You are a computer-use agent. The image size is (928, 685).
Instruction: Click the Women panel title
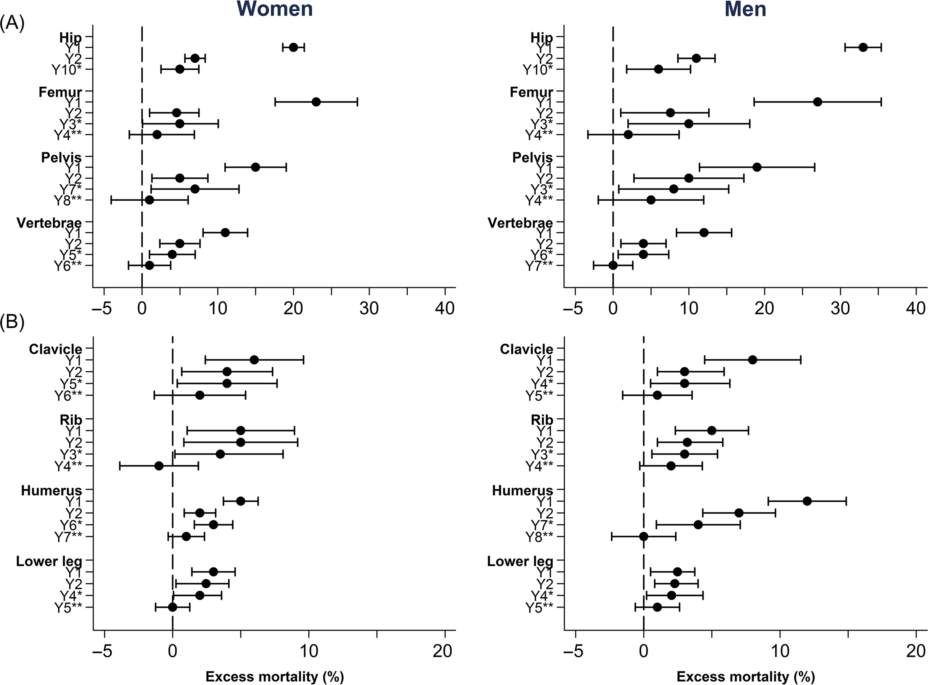point(275,9)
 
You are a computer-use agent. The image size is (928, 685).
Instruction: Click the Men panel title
point(745,9)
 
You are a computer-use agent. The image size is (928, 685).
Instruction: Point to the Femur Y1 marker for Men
point(817,102)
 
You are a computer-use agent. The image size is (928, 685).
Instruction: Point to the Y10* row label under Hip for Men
point(538,70)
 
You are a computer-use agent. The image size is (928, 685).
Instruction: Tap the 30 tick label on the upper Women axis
point(369,309)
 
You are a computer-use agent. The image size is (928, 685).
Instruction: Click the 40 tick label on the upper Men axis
point(916,309)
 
